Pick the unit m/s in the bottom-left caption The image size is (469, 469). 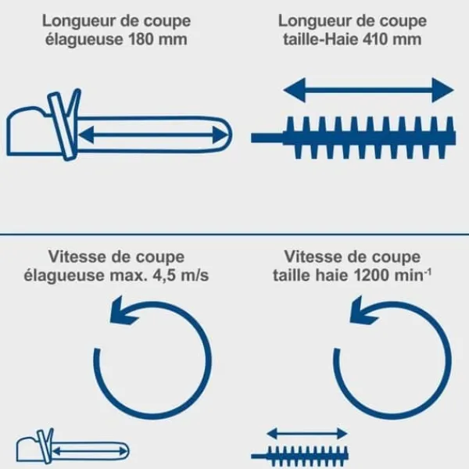tap(194, 275)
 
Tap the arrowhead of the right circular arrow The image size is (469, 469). tap(361, 310)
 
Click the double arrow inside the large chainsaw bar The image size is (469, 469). tap(152, 135)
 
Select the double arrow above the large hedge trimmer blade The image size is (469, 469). tap(368, 90)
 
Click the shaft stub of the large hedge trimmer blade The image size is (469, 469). tap(267, 138)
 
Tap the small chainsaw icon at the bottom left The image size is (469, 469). tap(73, 446)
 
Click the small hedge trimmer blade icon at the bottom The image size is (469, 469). tap(300, 456)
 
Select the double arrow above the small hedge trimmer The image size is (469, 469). tap(307, 433)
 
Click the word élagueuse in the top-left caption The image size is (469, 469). tap(84, 40)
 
